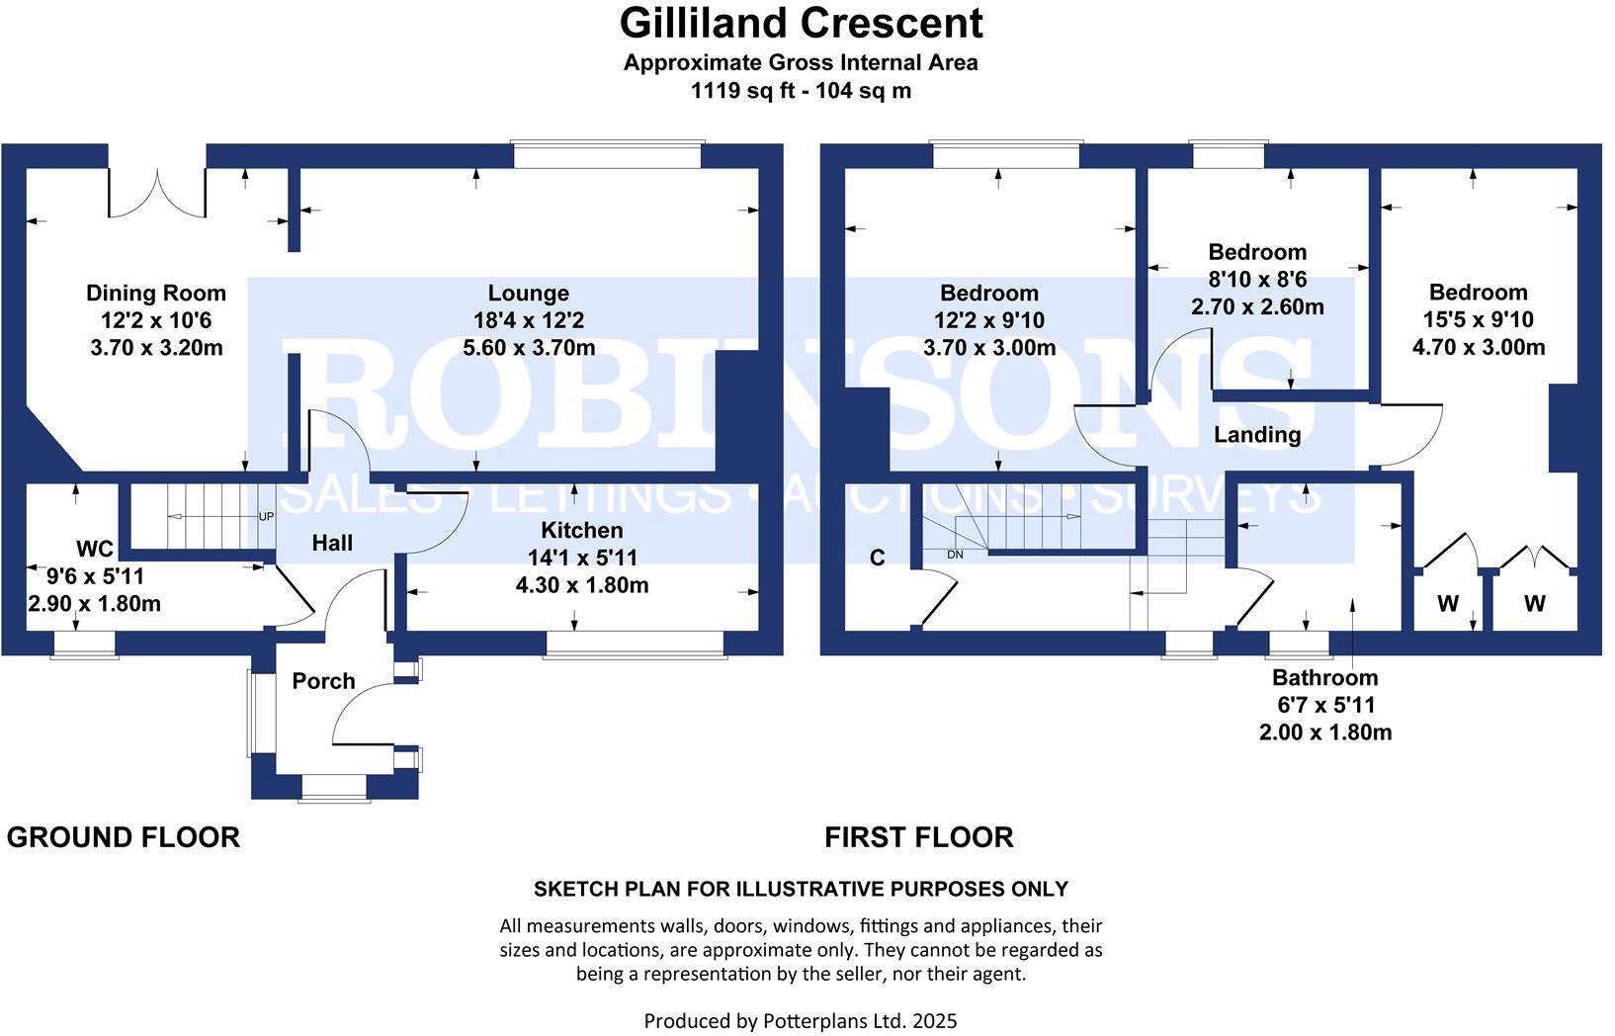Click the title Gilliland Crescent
[801, 23]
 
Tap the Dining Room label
[156, 293]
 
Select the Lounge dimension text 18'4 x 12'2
[529, 320]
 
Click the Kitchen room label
[582, 530]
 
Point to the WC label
[95, 549]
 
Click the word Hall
[332, 543]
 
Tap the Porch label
[323, 681]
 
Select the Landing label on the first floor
[1256, 435]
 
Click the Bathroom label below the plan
[1324, 678]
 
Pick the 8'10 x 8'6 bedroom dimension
[1257, 280]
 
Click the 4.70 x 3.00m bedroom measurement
[1479, 347]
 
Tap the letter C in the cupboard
[877, 559]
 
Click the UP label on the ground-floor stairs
[266, 516]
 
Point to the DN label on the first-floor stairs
[955, 555]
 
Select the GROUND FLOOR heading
[124, 837]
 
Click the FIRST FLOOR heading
[919, 837]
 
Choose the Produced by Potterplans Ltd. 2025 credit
[801, 1020]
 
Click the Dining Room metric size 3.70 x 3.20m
[156, 348]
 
